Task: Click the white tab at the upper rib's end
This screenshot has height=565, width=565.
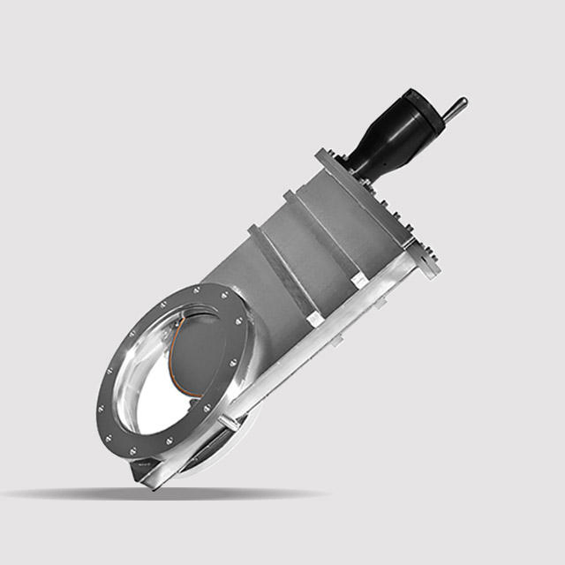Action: pyautogui.click(x=357, y=280)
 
